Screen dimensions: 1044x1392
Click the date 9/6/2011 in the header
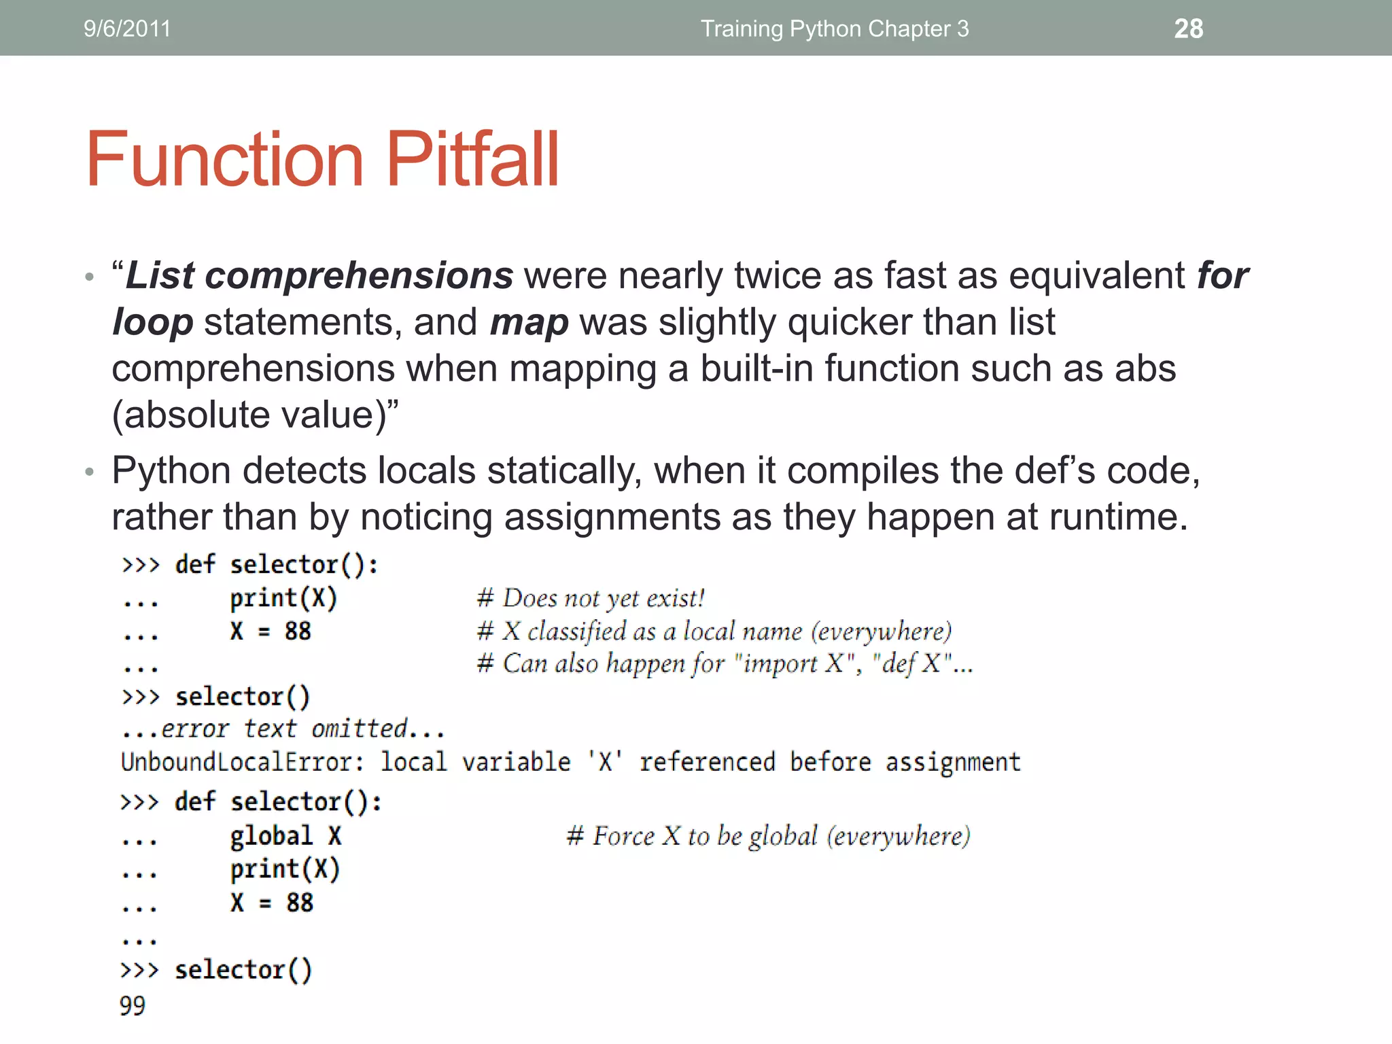pyautogui.click(x=127, y=29)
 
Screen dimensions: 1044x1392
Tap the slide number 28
pyautogui.click(x=1188, y=29)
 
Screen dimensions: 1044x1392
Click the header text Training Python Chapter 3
pyautogui.click(x=834, y=29)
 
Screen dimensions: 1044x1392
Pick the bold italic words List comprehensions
pyautogui.click(x=319, y=276)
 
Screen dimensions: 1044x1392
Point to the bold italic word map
pyautogui.click(x=529, y=322)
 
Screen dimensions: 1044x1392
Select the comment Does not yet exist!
pyautogui.click(x=591, y=598)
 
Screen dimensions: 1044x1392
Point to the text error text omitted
pyautogui.click(x=283, y=729)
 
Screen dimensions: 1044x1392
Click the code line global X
pyautogui.click(x=285, y=835)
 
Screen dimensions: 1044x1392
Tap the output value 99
pyautogui.click(x=133, y=1005)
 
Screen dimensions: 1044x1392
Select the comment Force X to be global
pyautogui.click(x=768, y=835)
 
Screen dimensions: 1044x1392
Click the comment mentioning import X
pyautogui.click(x=725, y=663)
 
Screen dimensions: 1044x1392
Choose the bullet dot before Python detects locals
pyautogui.click(x=89, y=472)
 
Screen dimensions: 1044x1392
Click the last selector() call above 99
pyautogui.click(x=243, y=970)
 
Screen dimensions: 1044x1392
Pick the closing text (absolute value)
pyautogui.click(x=254, y=415)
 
